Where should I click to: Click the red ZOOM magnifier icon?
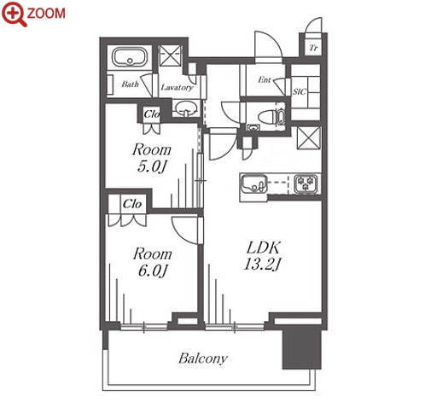coord(14,14)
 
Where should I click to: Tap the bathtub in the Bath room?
coord(130,57)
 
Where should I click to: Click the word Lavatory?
coord(177,88)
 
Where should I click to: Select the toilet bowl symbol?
coord(267,117)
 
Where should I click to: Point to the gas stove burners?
coord(306,184)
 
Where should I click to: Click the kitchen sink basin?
coord(254,184)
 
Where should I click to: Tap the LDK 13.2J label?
coord(263,256)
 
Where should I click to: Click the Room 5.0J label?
coord(152,158)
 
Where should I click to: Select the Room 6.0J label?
coord(153,262)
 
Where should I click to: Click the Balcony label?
coord(203,358)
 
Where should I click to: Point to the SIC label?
coord(300,91)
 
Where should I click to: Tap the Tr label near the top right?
coord(313,48)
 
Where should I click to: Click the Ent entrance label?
coord(265,80)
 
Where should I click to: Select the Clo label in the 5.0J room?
coord(152,114)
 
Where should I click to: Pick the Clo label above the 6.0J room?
coord(132,204)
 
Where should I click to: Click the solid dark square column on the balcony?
coord(302,347)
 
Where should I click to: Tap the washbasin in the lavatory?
coord(186,108)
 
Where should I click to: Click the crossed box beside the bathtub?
coord(170,55)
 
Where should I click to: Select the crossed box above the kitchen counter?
coord(309,138)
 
